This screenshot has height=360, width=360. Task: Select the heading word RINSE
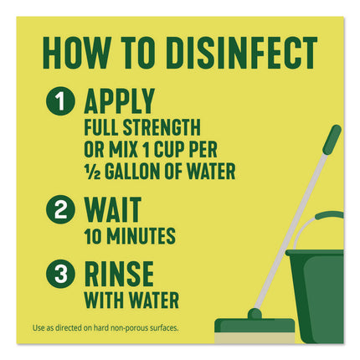(x=118, y=272)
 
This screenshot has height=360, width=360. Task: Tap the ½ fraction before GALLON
(x=91, y=173)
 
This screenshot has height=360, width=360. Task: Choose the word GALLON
(x=133, y=173)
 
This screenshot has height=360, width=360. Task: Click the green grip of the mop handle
(x=332, y=140)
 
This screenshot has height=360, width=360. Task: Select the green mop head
(x=255, y=326)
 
